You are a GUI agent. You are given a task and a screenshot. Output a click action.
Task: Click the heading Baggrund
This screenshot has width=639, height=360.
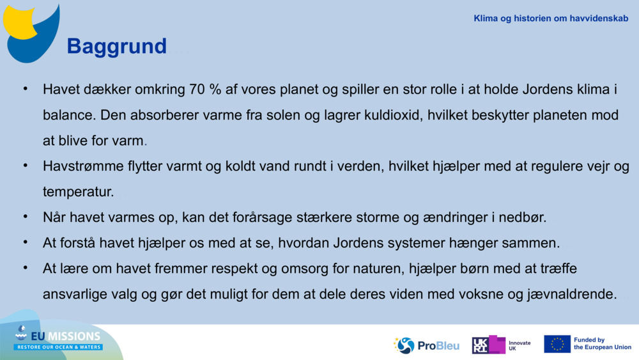pos(116,46)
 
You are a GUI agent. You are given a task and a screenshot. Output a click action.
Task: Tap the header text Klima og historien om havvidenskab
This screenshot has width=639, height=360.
pos(551,19)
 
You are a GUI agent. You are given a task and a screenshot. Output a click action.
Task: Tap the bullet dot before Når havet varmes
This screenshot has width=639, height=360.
pos(26,217)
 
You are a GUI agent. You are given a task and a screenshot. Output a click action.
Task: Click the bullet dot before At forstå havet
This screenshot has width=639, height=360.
pos(26,242)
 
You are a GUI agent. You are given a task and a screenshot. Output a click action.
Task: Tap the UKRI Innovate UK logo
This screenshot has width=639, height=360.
pos(502,345)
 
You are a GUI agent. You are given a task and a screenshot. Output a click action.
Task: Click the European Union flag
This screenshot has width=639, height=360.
pos(557,344)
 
